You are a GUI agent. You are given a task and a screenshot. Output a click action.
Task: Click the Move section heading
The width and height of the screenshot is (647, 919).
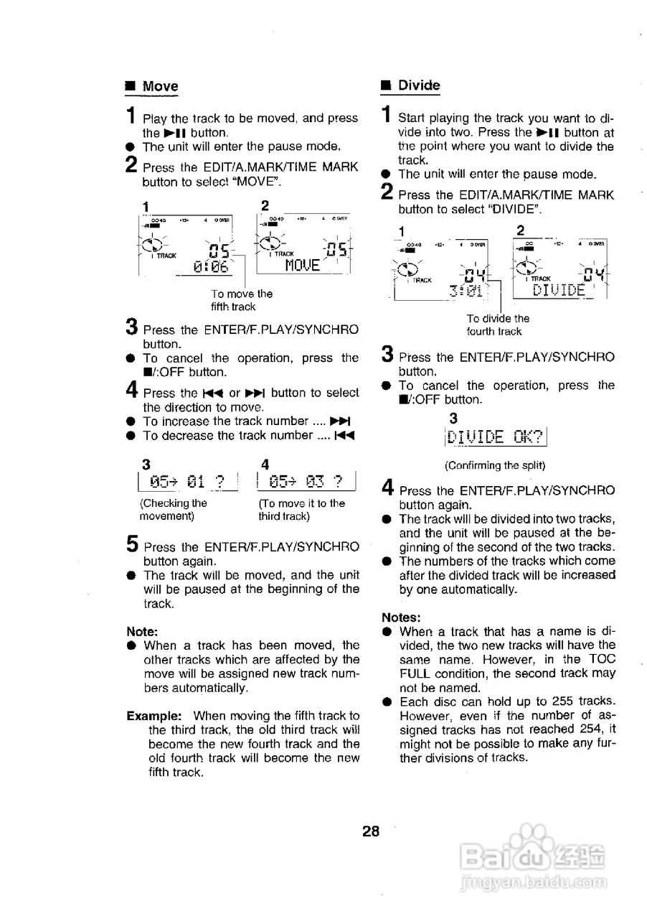coord(159,87)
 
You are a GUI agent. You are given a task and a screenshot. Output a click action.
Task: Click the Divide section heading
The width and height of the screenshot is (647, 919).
coord(419,85)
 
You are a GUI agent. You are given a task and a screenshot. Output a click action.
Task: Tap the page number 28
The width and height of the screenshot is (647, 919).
coord(371,832)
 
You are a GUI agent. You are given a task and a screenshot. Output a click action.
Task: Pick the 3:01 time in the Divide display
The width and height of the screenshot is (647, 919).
coord(467,291)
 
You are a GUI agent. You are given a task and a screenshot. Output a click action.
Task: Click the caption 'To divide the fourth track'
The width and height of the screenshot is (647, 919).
coord(497,325)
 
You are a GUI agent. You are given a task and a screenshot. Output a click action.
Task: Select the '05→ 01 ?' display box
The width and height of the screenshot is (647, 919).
coord(189,480)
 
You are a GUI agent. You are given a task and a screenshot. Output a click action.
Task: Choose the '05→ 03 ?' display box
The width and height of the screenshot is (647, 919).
coord(308,480)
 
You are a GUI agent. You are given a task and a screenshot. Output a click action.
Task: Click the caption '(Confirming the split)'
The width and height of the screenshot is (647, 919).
coord(495,465)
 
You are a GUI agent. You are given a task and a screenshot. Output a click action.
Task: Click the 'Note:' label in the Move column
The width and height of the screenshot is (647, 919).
coord(142,632)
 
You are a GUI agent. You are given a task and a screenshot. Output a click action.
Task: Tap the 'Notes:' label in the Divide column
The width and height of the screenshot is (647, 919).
coord(401,617)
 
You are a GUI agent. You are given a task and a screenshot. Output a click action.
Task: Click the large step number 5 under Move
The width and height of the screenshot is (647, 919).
coord(133,544)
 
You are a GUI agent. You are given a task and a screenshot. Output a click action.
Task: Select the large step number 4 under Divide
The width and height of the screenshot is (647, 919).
coord(388,489)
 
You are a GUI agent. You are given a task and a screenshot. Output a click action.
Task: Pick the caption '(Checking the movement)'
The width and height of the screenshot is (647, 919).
coord(173,510)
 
